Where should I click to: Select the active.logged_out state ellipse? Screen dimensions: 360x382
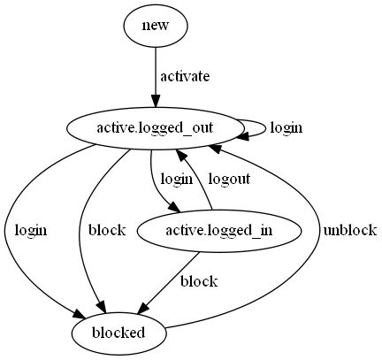coord(157,128)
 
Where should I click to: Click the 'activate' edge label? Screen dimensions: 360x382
coord(185,77)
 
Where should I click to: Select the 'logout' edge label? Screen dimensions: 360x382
coord(229,179)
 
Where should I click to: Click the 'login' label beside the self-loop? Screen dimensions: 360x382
coord(286,128)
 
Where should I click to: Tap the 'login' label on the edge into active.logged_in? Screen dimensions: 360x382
coord(176,179)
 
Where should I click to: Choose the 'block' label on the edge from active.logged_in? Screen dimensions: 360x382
coord(198,281)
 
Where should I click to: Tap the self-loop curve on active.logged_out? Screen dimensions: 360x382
coord(264,126)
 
